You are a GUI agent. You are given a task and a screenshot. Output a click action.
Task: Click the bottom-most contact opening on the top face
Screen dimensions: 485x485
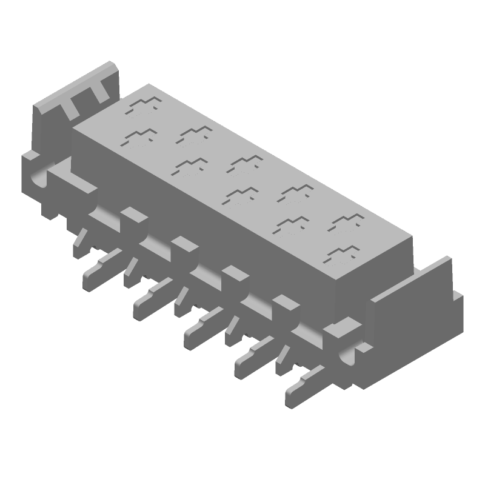click(x=342, y=254)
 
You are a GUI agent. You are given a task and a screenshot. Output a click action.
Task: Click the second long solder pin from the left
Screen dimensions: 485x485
click(x=152, y=297)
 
